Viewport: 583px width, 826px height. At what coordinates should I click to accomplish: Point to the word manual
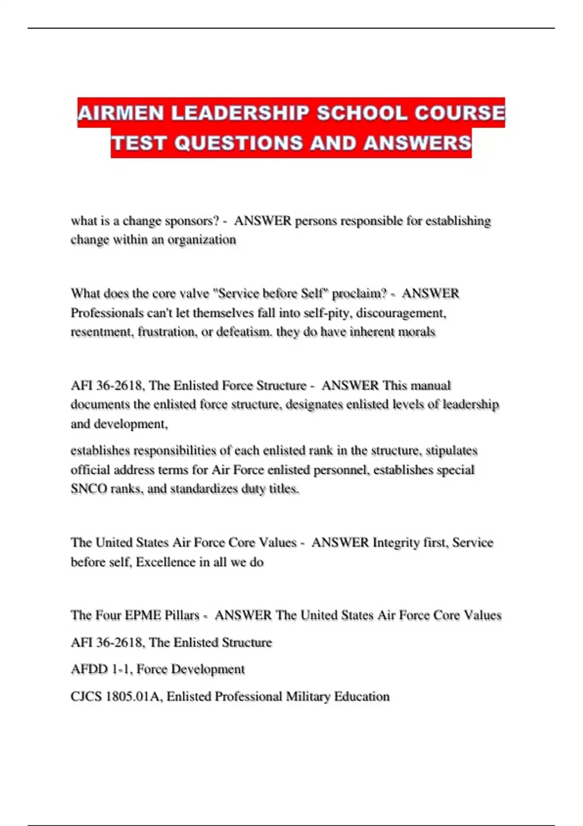coord(431,386)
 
